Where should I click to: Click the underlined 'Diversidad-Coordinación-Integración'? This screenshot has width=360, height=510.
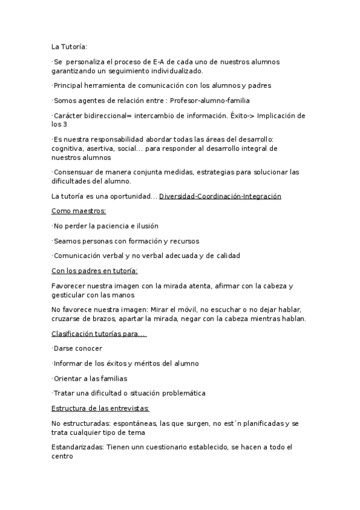pos(220,196)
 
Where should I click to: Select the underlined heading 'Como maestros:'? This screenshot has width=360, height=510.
pos(79,211)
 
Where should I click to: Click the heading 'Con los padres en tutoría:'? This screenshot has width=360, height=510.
pos(95,271)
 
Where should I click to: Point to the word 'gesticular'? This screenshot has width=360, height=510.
pos(70,295)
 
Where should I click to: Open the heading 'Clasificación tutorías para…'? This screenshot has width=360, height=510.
pos(99,334)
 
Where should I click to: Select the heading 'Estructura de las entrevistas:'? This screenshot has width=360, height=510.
pos(100,408)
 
